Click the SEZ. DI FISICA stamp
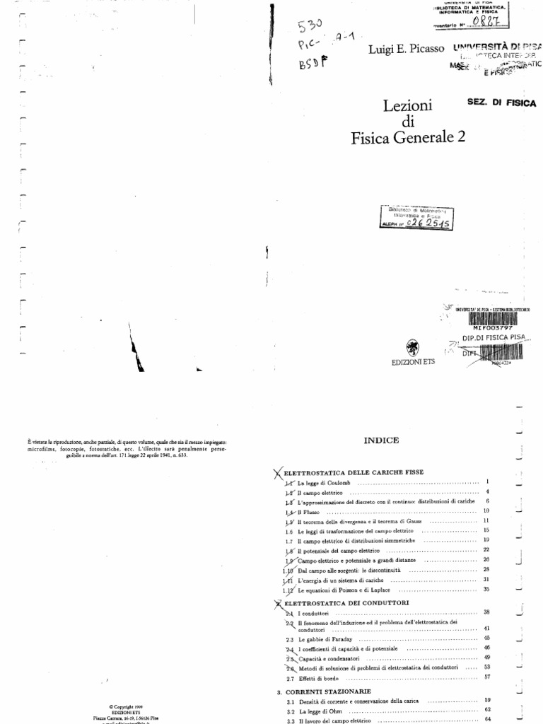point(501,103)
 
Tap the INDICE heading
point(382,440)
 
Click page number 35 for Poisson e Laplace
point(487,588)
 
